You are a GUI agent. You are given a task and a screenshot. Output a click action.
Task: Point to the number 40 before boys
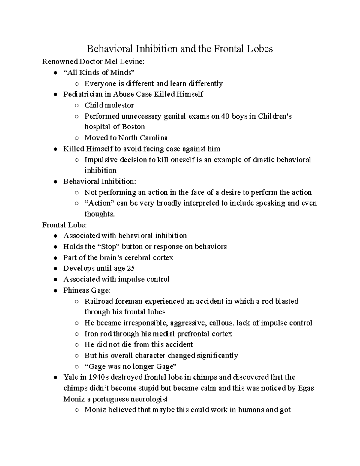click(225, 116)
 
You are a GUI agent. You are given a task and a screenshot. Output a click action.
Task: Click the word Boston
click(133, 127)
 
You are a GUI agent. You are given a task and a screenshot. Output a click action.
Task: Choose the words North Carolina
click(143, 138)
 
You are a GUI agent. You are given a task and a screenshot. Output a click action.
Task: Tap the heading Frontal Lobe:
click(64, 225)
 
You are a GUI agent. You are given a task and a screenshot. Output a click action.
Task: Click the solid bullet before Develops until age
click(55, 269)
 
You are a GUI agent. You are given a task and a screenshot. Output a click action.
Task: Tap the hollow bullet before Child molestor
click(77, 105)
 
